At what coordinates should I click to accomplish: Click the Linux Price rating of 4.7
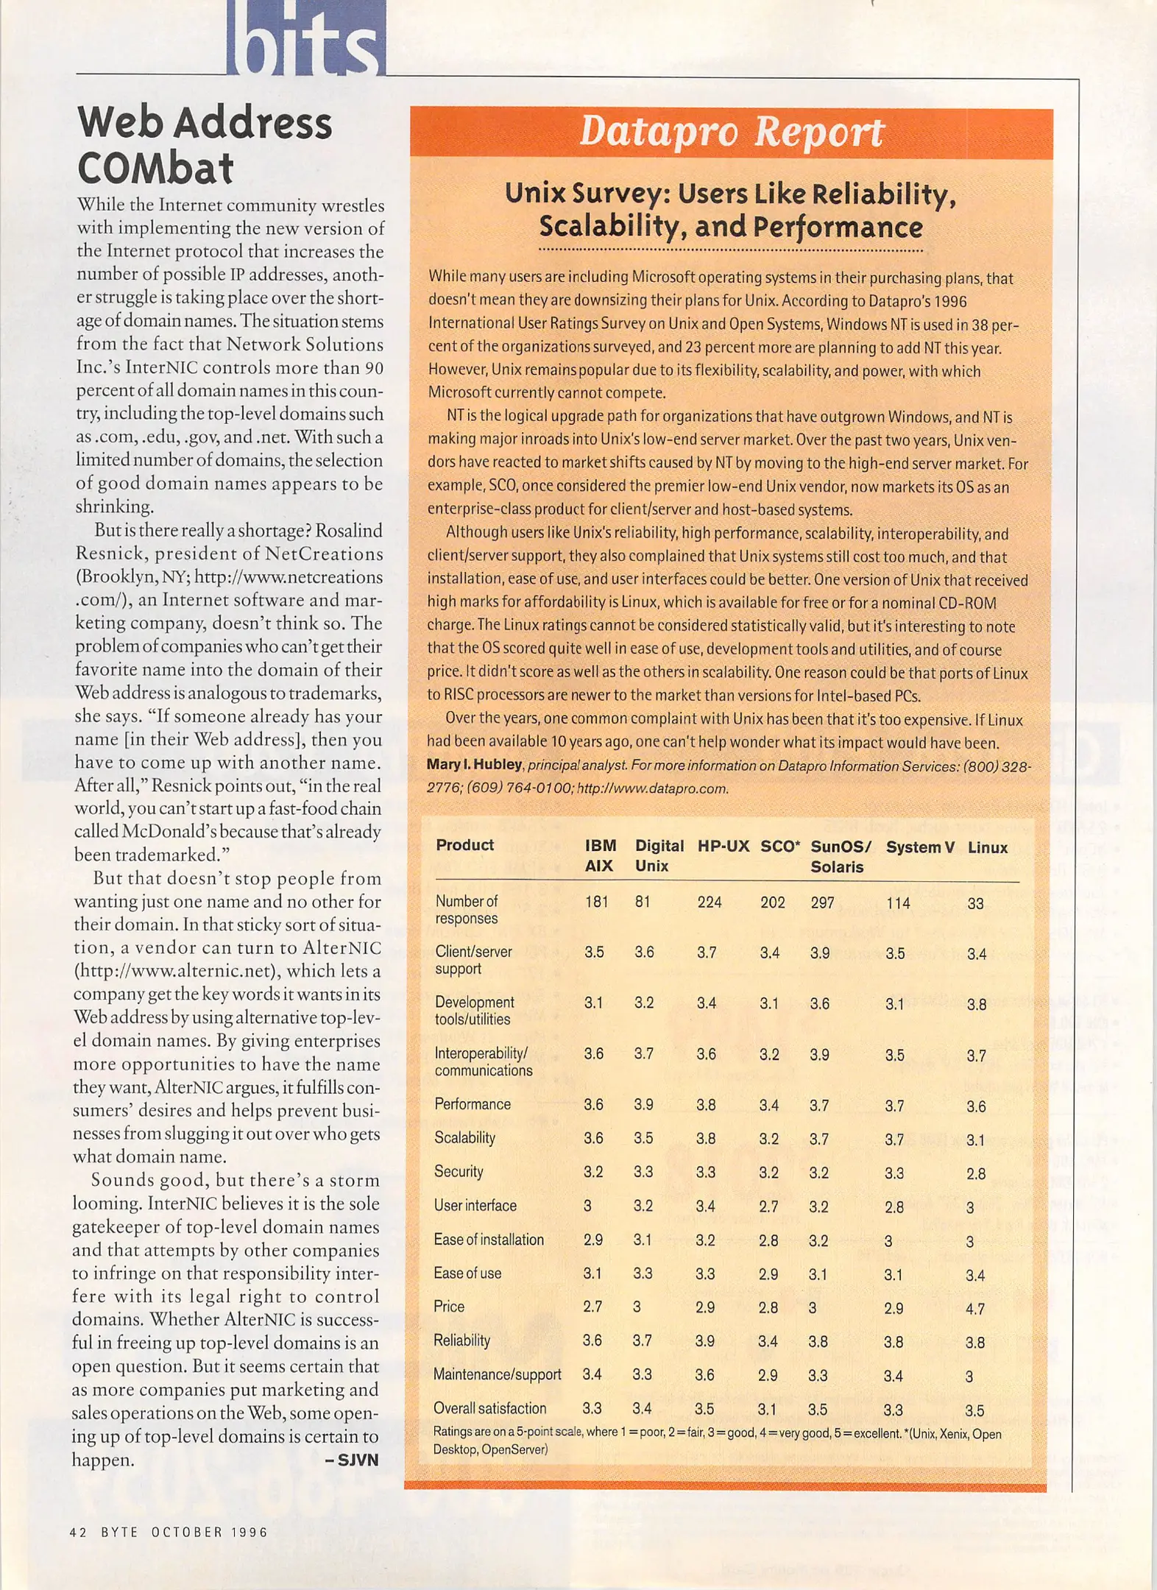975,1309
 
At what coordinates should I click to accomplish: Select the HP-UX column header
723,847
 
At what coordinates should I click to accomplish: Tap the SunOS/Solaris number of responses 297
822,902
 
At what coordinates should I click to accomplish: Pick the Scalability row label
464,1138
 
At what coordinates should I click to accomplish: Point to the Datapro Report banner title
731,132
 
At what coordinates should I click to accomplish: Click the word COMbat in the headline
155,169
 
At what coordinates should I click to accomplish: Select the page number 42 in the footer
78,1532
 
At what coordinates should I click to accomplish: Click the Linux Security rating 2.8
976,1174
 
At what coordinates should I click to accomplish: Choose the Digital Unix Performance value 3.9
644,1105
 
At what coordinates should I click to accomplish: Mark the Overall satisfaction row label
489,1408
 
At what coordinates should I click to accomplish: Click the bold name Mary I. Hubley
475,765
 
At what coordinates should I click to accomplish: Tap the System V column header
919,847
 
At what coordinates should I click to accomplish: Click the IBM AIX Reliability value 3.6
592,1340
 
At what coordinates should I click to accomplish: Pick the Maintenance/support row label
497,1374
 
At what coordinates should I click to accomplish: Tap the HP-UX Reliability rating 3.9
704,1341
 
